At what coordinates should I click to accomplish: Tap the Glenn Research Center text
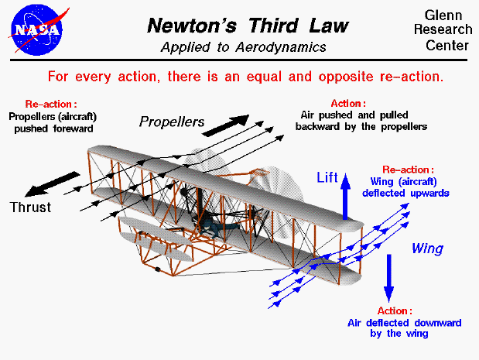point(446,31)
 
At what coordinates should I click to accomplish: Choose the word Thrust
point(30,207)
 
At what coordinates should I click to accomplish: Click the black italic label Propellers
point(172,122)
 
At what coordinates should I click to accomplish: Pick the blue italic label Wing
point(426,249)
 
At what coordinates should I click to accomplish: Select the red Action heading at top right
point(348,103)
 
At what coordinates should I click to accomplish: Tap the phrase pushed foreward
point(52,129)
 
